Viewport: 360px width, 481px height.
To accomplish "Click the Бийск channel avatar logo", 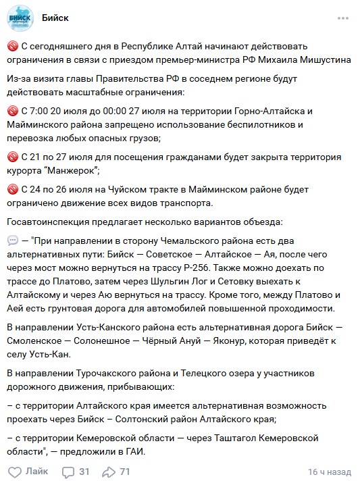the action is pyautogui.click(x=21, y=18).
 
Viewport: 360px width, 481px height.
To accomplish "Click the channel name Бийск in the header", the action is pyautogui.click(x=55, y=17).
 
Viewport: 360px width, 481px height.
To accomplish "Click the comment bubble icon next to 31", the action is pyautogui.click(x=68, y=471).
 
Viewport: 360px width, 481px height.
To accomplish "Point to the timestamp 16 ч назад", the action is pyautogui.click(x=330, y=472).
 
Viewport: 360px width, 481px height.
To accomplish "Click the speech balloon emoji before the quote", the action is pyautogui.click(x=13, y=240).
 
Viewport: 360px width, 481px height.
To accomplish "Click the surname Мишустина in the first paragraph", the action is pyautogui.click(x=320, y=59).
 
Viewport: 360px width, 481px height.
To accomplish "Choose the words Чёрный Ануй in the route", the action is pyautogui.click(x=171, y=340).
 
